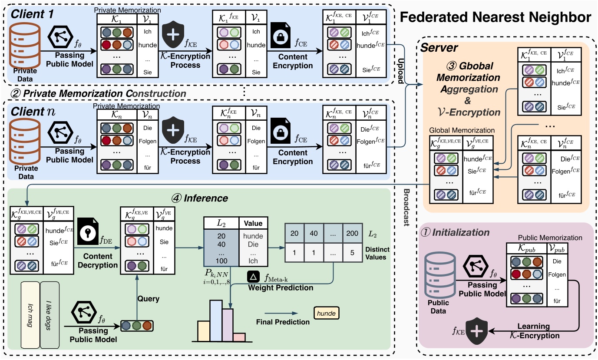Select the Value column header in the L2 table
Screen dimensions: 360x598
point(253,224)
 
